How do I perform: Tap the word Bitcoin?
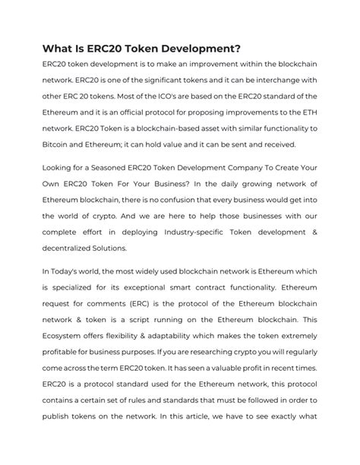[56, 144]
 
